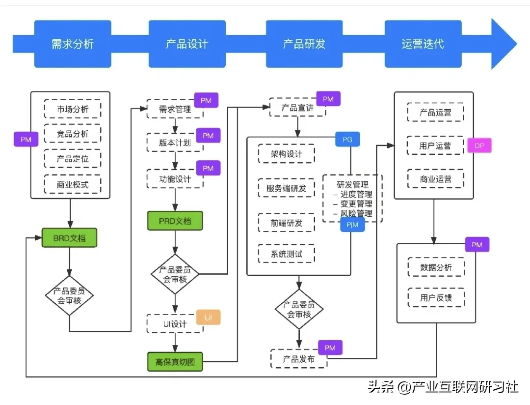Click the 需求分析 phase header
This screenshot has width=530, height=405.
coord(73,44)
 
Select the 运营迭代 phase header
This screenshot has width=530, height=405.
coord(423,44)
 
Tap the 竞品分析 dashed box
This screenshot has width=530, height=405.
coord(73,134)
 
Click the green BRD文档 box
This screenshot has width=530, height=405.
coord(69,238)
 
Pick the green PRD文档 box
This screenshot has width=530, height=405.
coord(175,221)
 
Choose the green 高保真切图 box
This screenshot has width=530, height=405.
coord(175,362)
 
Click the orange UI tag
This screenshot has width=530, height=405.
coord(209,318)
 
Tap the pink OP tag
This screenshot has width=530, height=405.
coord(479,146)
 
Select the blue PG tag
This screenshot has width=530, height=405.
coord(347,140)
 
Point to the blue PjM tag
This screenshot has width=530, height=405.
coord(352,225)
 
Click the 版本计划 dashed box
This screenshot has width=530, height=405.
coord(175,143)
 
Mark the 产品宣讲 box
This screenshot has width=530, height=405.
coord(298,108)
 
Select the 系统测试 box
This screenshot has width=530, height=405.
coord(287,254)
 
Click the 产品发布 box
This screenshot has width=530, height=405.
coord(298,359)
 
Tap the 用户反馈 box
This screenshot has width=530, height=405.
coord(436,297)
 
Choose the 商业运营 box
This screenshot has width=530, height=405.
coord(435,178)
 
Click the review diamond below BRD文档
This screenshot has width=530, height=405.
coord(69,295)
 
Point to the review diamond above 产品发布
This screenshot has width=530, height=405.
coord(299,309)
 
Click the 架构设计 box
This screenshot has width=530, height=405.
coord(287,154)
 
